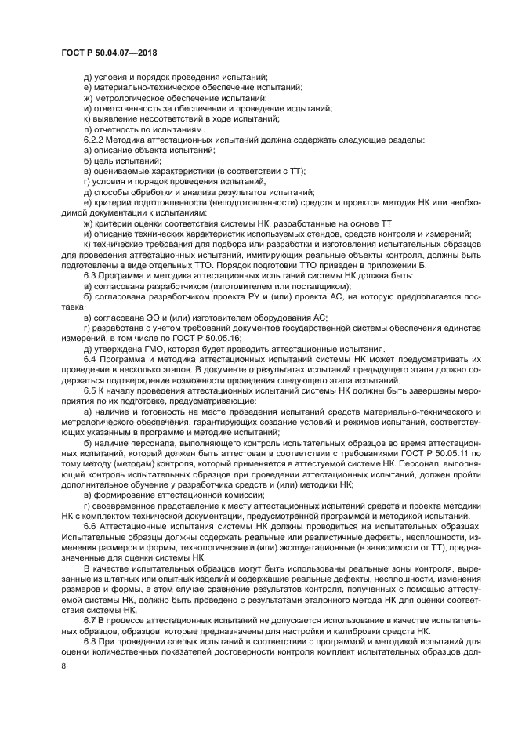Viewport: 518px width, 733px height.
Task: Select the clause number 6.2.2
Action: tap(96, 140)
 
